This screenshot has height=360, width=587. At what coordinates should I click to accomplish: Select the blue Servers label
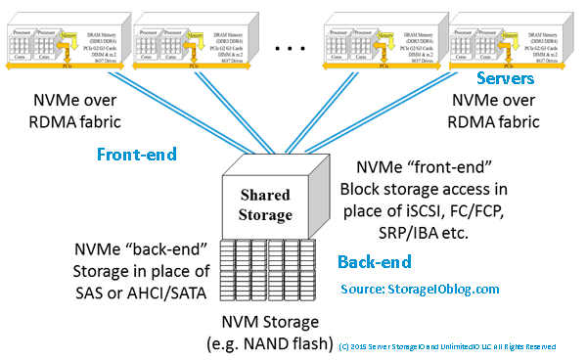click(x=506, y=77)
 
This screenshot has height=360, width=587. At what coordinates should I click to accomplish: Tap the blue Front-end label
click(x=136, y=154)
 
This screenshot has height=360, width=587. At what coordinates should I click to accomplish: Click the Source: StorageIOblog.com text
click(x=420, y=290)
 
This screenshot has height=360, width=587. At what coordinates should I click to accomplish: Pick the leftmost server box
click(x=65, y=42)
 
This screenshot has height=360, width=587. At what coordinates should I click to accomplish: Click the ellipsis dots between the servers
click(x=293, y=46)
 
